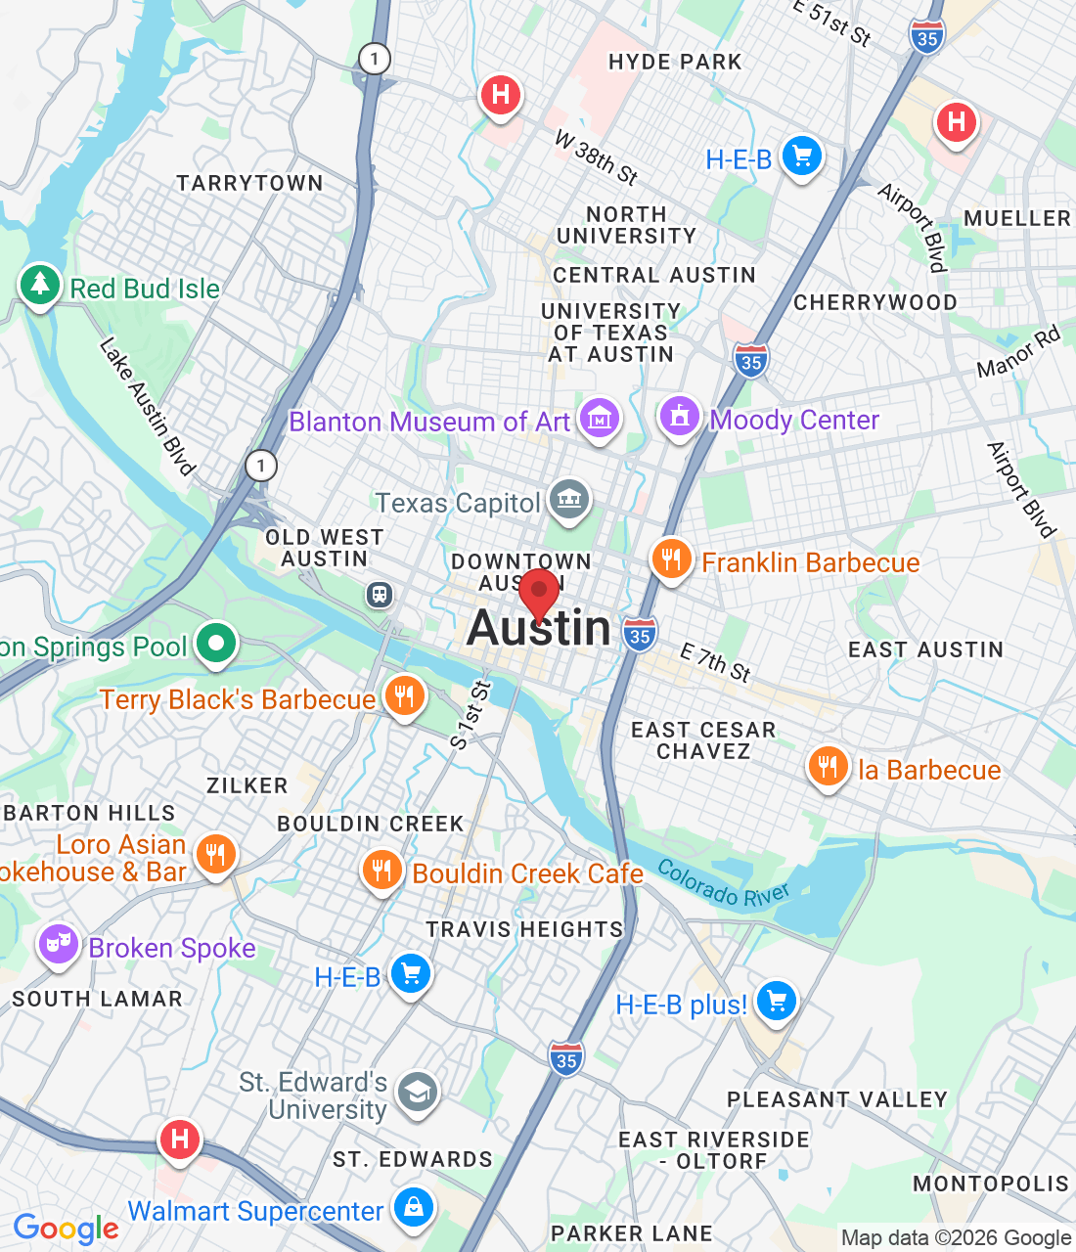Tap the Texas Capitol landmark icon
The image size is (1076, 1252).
(568, 500)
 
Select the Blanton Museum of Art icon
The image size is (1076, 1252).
(600, 420)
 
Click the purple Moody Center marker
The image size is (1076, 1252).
(680, 416)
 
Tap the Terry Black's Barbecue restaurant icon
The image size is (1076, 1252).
(404, 696)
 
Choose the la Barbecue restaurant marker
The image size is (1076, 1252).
(828, 768)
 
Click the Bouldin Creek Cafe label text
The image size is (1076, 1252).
(527, 873)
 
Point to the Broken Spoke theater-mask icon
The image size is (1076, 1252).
(58, 944)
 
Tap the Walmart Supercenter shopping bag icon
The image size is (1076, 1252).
(414, 1208)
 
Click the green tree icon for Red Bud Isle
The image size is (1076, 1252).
(40, 285)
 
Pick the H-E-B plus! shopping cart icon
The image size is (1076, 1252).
(777, 1002)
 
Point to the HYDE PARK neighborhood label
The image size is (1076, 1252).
(675, 62)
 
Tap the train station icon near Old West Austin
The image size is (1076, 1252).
(379, 594)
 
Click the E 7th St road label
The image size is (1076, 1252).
(715, 662)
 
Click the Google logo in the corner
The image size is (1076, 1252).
(66, 1229)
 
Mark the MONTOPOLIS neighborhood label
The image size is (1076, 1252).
(991, 1184)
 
